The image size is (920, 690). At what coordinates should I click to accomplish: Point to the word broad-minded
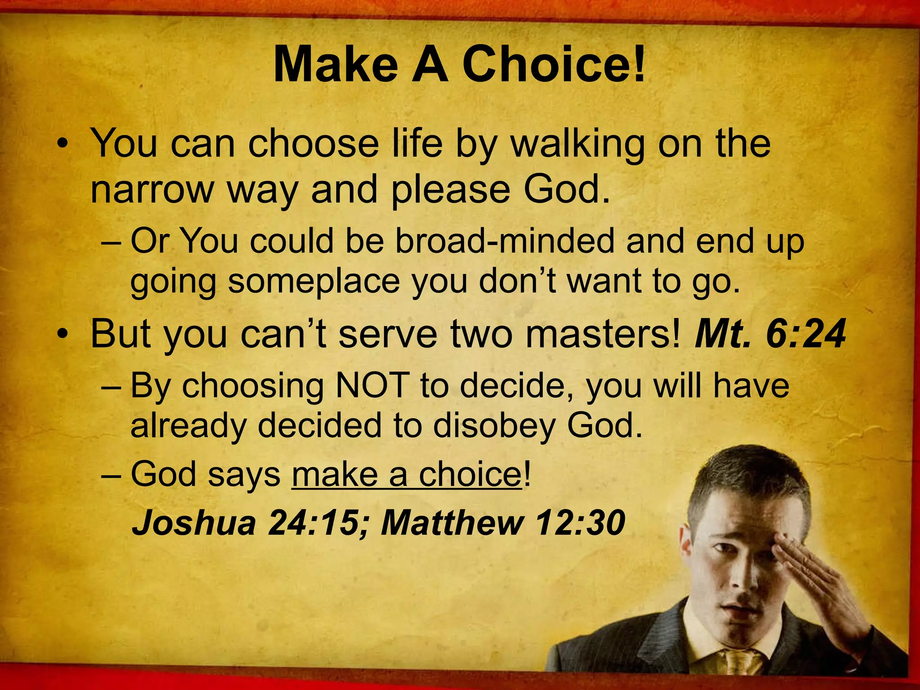504,241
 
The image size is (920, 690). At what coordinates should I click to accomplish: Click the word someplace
314,282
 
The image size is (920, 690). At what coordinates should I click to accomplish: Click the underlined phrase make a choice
407,474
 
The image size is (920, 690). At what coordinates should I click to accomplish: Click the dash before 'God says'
111,475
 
